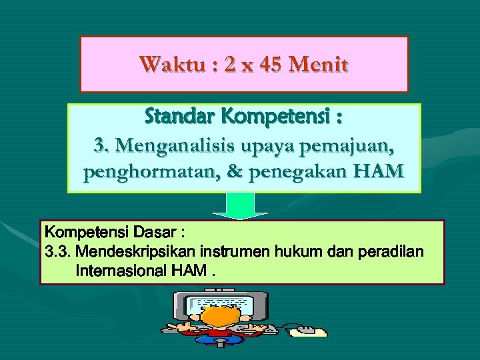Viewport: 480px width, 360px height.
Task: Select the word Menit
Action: tap(319, 65)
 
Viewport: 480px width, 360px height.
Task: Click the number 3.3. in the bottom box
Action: tap(58, 253)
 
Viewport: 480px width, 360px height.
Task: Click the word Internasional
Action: tap(121, 271)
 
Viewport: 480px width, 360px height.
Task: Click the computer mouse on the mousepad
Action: tap(307, 329)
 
